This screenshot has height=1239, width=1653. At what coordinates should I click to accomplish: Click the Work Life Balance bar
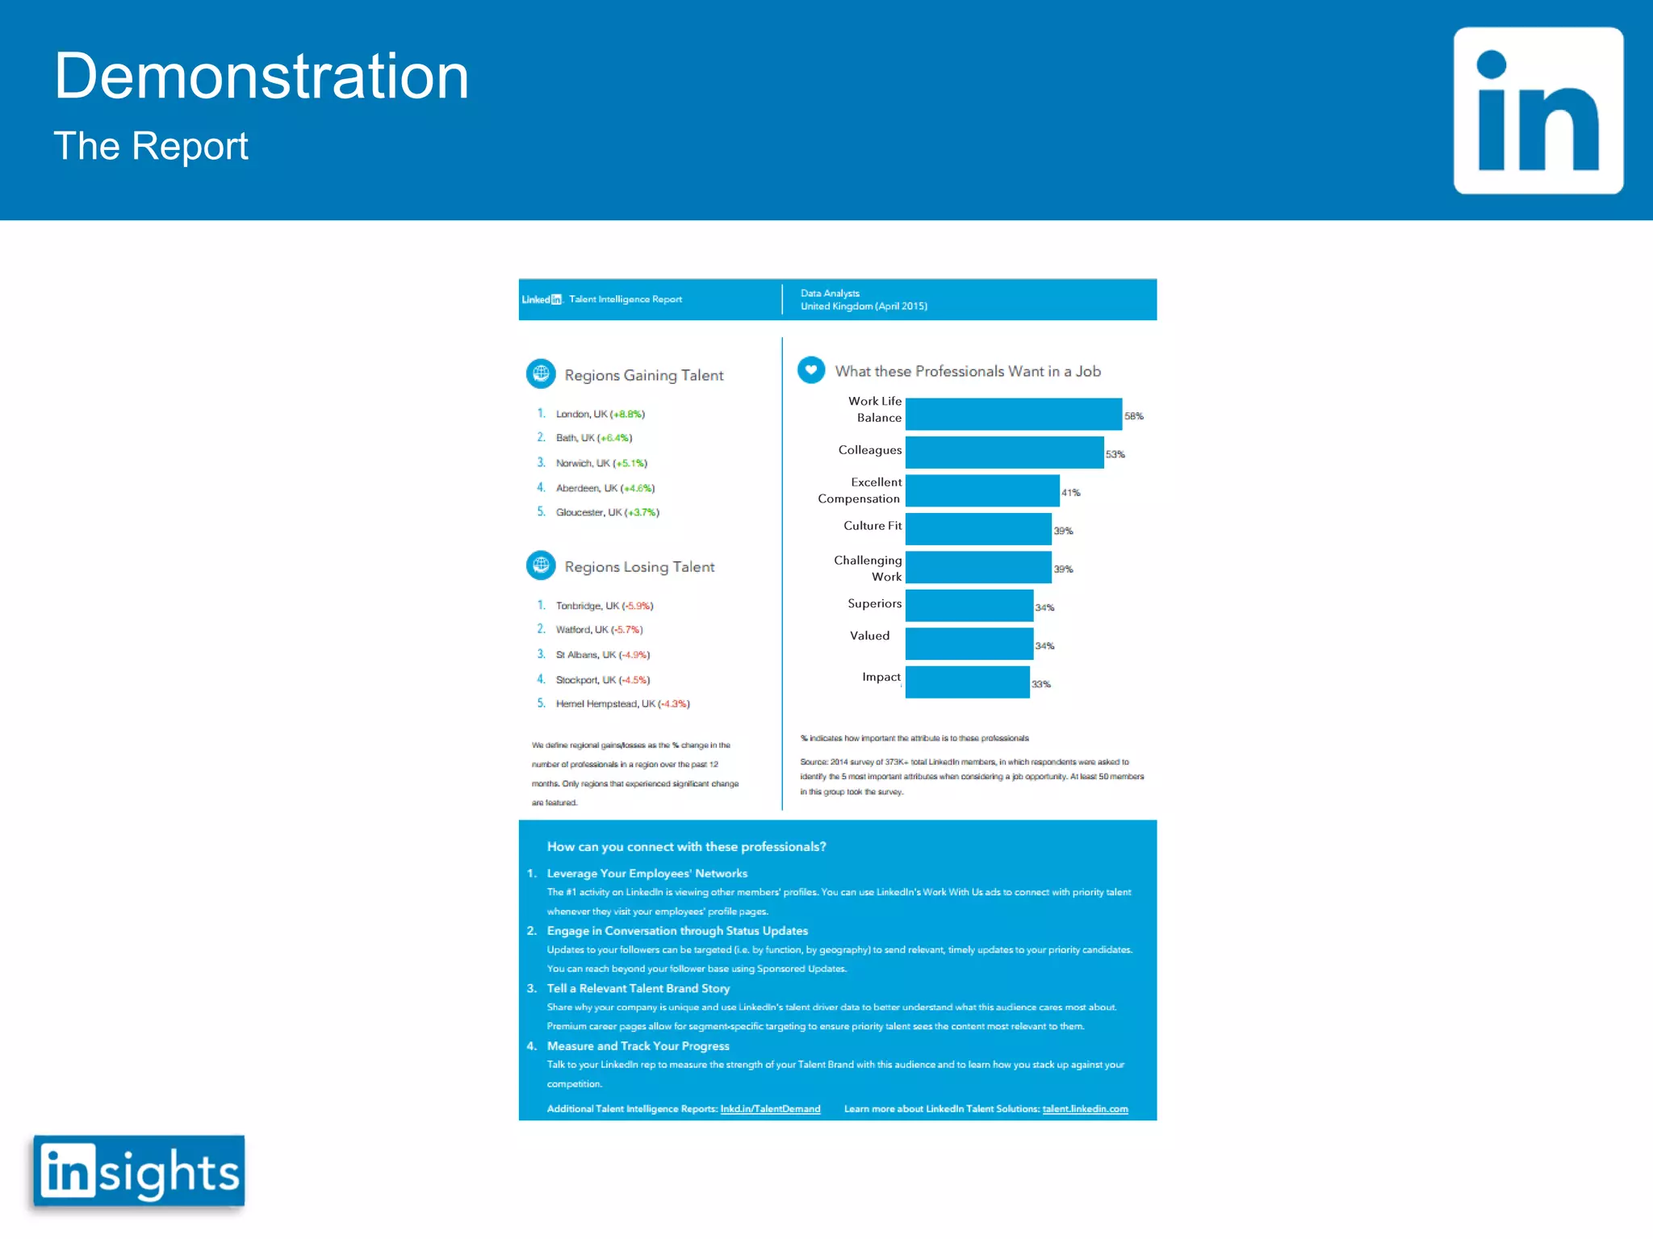(1013, 414)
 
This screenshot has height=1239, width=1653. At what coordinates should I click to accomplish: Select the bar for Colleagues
(1004, 453)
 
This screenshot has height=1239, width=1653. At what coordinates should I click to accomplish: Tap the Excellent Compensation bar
(981, 490)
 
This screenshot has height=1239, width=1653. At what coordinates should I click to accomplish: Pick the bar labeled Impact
(967, 682)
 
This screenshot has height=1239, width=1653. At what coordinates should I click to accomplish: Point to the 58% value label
(1134, 416)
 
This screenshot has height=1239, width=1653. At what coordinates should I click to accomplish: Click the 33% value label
(1041, 684)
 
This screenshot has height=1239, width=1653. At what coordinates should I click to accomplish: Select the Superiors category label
(874, 603)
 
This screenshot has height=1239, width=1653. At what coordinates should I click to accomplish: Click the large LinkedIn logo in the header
(1538, 111)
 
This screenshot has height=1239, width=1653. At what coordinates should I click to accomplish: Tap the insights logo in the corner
(139, 1171)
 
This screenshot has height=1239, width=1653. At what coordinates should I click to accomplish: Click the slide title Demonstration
(262, 76)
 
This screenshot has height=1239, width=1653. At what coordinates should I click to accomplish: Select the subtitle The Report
(151, 146)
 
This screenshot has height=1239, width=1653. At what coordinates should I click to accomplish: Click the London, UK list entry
(600, 414)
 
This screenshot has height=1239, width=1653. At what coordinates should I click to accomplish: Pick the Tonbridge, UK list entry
(604, 606)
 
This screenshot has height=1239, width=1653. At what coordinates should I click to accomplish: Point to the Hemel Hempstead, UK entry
(622, 703)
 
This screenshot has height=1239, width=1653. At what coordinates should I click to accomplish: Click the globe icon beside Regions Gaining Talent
(541, 373)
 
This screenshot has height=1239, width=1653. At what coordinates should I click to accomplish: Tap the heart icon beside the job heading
(811, 370)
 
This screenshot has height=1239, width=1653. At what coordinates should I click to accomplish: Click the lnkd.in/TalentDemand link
(770, 1109)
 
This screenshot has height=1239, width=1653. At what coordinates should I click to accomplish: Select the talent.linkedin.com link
(1085, 1109)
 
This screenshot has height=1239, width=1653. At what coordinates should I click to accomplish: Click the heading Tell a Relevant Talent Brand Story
(638, 988)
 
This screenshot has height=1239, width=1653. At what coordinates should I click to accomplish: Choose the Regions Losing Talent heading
(639, 567)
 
